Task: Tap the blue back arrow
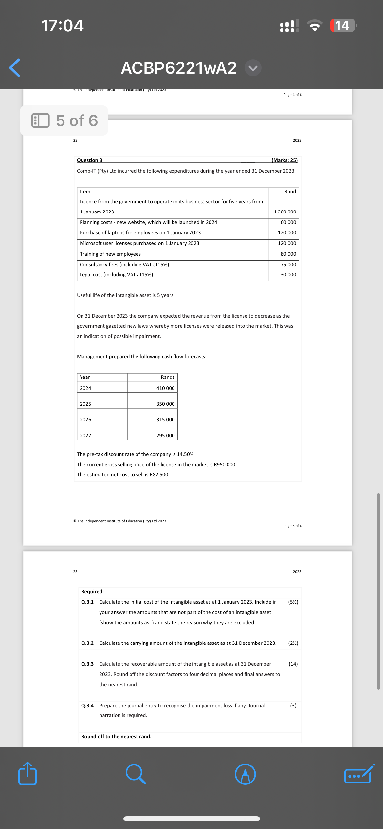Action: coord(15,68)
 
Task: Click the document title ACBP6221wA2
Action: coord(179,68)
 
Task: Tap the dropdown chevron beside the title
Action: coord(253,68)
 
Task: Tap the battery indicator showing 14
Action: coord(342,26)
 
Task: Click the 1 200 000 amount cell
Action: coord(285,212)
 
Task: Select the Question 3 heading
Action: coord(89,160)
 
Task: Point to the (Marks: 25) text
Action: coord(284,160)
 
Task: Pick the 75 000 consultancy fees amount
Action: coord(288,265)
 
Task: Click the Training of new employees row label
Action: coord(110,254)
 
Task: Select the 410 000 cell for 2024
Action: coord(165,388)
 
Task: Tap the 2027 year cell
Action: coord(86,436)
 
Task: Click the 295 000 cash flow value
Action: coord(165,436)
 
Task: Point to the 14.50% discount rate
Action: coord(185,454)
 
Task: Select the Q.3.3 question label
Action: coord(87,664)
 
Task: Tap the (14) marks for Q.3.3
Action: coord(293,664)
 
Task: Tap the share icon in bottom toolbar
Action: coord(27,774)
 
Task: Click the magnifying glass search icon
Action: coord(136,774)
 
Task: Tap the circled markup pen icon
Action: coord(245,774)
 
